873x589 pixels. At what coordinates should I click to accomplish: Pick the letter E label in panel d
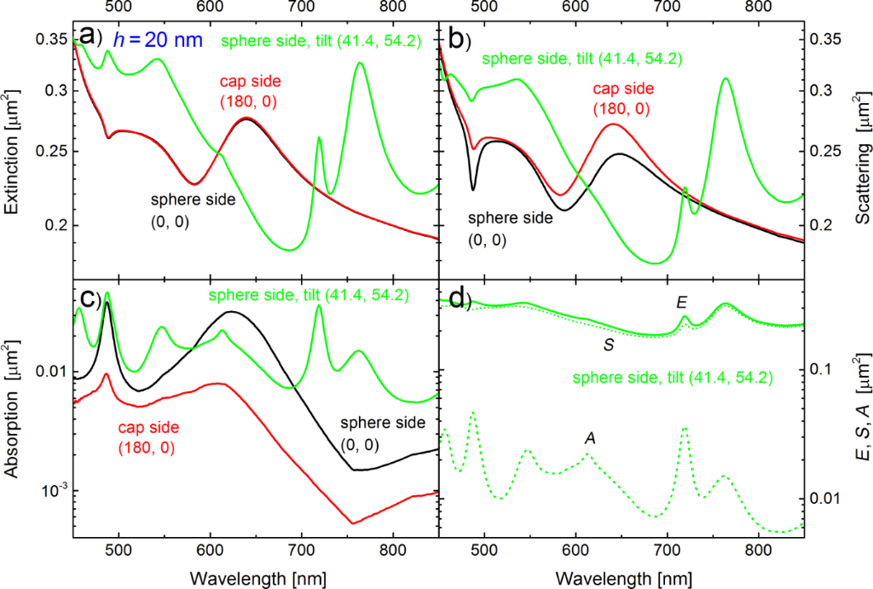tap(681, 302)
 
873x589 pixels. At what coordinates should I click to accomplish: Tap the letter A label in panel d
tap(589, 438)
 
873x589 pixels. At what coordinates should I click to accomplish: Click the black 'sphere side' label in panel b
tap(510, 217)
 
